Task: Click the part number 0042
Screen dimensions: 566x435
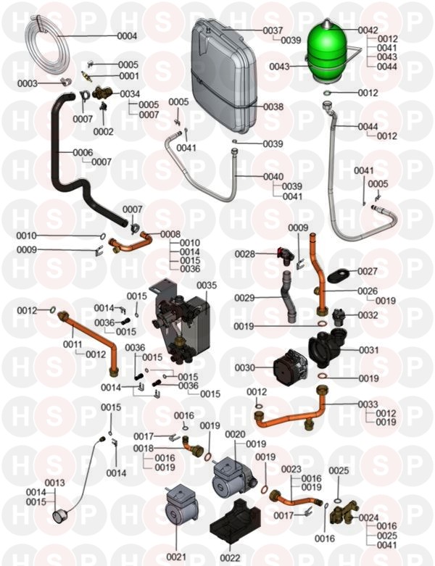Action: pyautogui.click(x=368, y=30)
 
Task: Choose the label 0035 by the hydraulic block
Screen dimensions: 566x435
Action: pyautogui.click(x=207, y=286)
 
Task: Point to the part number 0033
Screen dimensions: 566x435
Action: pyautogui.click(x=368, y=404)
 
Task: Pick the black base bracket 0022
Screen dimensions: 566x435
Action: pyautogui.click(x=229, y=535)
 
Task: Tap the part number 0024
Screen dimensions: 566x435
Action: pyautogui.click(x=369, y=517)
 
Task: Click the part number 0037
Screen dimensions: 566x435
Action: pyautogui.click(x=273, y=30)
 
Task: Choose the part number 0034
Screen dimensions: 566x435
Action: pyautogui.click(x=130, y=94)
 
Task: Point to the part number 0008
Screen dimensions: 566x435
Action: pyautogui.click(x=170, y=234)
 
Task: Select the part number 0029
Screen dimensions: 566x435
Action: pyautogui.click(x=244, y=298)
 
